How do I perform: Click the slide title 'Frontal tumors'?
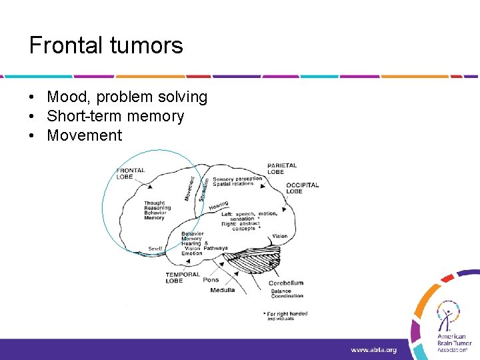coord(106,45)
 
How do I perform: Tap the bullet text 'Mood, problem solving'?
coord(127,97)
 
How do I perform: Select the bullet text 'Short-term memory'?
coord(115,117)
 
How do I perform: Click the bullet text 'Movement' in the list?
coord(85,136)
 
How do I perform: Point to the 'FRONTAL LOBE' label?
coord(131,173)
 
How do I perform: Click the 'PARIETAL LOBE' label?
coord(282,168)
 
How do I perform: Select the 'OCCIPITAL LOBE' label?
coord(303,188)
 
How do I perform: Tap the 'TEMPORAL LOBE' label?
coord(183,277)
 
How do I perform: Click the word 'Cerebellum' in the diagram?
coord(286,283)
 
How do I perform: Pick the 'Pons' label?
coord(211,280)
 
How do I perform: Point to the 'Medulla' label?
coord(222,290)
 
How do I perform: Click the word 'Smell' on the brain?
coord(155,249)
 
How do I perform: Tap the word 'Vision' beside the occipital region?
coord(280,236)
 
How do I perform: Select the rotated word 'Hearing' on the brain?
coord(219,206)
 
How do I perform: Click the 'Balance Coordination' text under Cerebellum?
coord(287,293)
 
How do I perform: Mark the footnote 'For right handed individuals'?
coord(286,315)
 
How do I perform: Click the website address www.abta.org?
coord(374,349)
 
